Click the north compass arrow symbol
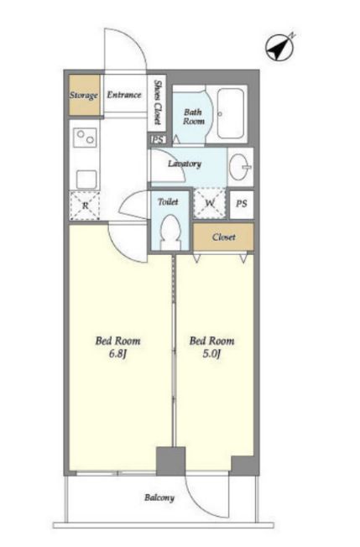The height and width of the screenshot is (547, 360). [x=280, y=48]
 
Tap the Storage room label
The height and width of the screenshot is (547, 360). [x=83, y=96]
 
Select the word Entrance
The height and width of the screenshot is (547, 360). [x=124, y=95]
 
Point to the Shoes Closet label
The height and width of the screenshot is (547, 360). [x=158, y=102]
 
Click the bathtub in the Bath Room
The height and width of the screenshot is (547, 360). [x=230, y=113]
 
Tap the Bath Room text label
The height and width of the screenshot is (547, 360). [x=194, y=117]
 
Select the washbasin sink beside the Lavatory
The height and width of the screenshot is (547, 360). [x=240, y=167]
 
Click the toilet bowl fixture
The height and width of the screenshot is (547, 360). [x=171, y=232]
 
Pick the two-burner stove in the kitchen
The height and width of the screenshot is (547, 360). [x=86, y=137]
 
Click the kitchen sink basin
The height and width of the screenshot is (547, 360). [x=86, y=180]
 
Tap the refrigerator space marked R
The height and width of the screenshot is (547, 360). [x=85, y=206]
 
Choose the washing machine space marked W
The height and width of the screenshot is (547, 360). [x=209, y=203]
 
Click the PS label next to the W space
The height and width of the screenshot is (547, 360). [x=242, y=203]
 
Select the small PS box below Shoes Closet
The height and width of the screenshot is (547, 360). [x=158, y=139]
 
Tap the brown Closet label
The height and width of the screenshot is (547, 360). [x=223, y=237]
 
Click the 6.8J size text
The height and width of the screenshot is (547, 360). [x=117, y=354]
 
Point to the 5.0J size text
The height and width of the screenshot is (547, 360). [x=211, y=354]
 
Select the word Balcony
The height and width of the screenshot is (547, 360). [x=159, y=498]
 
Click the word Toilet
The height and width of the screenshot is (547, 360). [x=168, y=201]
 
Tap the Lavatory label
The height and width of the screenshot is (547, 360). [x=185, y=164]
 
